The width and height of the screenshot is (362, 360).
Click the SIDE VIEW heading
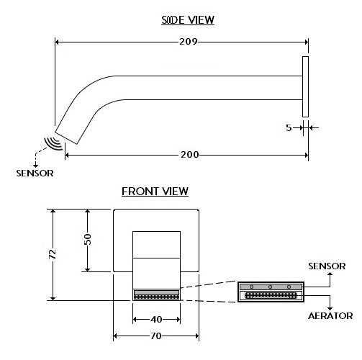point(188,20)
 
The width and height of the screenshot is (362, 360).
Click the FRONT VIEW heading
point(155,192)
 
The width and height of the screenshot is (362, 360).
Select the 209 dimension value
point(189,42)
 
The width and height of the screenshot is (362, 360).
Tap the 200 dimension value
point(189,155)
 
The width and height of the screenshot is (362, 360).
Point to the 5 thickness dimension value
point(289,127)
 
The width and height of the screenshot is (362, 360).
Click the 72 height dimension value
point(53,254)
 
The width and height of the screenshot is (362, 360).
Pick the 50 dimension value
point(88,239)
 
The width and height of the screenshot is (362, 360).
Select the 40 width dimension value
point(156,320)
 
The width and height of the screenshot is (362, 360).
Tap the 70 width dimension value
point(156,336)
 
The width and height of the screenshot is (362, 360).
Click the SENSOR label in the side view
point(35,174)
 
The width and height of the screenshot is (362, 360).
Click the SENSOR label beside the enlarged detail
point(327,266)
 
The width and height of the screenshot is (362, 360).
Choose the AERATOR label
point(330,316)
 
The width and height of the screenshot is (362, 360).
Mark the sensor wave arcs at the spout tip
point(54,143)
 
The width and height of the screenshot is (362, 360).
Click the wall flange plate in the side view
point(305,86)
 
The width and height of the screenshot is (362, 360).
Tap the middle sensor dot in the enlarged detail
point(270,287)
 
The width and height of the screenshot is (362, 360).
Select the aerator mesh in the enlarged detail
point(271,295)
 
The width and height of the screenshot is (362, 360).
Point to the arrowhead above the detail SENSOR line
point(330,274)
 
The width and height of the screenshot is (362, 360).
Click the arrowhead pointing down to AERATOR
point(330,307)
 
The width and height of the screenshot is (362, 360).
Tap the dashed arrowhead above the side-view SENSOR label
point(35,166)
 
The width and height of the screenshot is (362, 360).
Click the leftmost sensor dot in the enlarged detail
point(251,287)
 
